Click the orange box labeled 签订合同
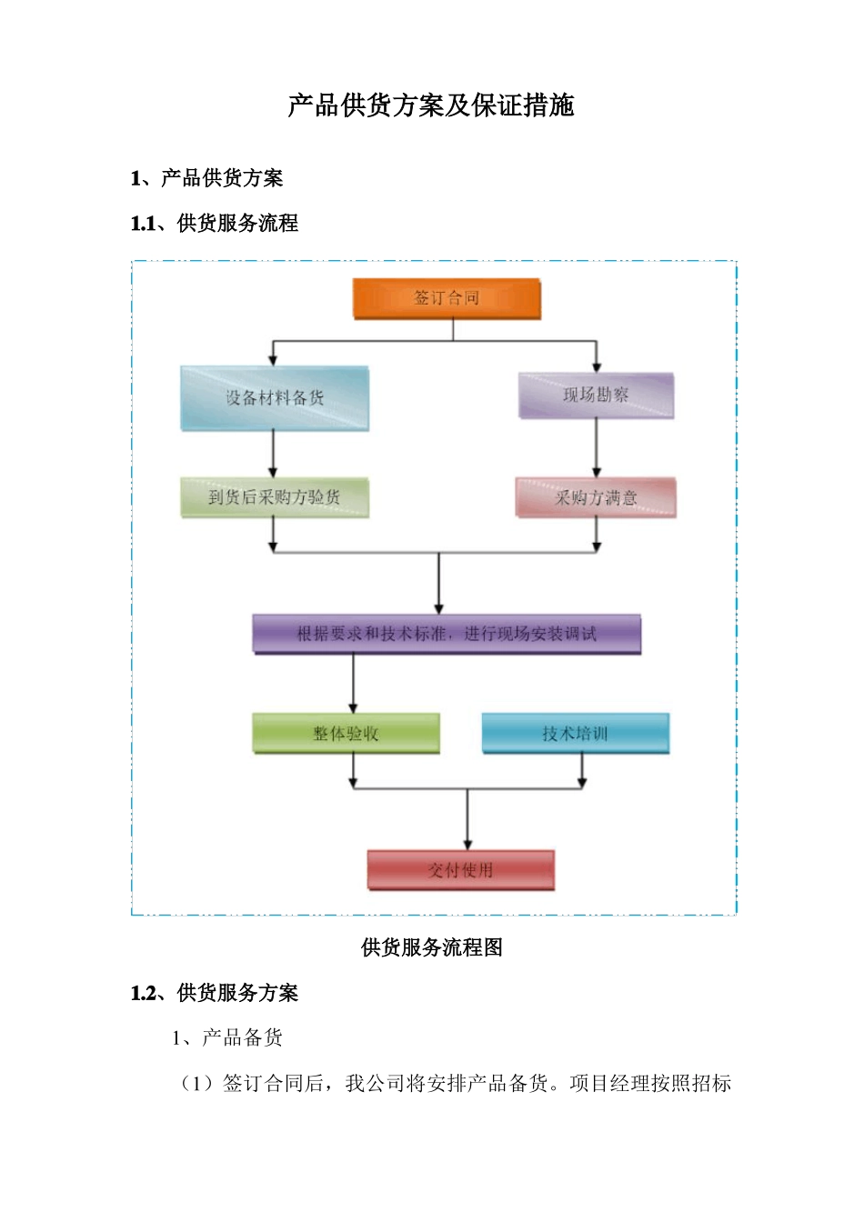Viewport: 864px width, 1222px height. coord(447,298)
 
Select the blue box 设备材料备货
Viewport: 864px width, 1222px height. coord(275,398)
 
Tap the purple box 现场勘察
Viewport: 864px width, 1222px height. coord(596,396)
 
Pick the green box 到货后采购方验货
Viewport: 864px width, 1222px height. coord(275,497)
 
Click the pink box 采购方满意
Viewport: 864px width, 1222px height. coord(596,497)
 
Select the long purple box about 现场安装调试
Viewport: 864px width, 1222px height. coord(447,634)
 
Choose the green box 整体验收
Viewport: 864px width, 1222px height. coord(346,734)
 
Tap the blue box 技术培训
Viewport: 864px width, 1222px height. coord(575,734)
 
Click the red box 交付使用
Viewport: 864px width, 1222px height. coord(460,870)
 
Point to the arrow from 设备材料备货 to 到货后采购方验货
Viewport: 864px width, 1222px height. coord(274,454)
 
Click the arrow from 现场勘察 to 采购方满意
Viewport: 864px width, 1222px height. coord(597,447)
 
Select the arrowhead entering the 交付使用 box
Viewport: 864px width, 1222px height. coord(467,843)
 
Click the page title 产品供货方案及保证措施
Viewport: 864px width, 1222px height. coord(431,105)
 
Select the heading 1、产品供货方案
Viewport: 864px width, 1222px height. coord(207,178)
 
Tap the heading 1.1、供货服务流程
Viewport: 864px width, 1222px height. coord(215,224)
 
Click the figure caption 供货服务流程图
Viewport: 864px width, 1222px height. coord(431,947)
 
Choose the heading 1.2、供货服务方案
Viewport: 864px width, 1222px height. coord(215,993)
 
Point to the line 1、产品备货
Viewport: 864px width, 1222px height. coord(227,1037)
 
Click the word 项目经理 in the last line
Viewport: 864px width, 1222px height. coord(600,1083)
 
